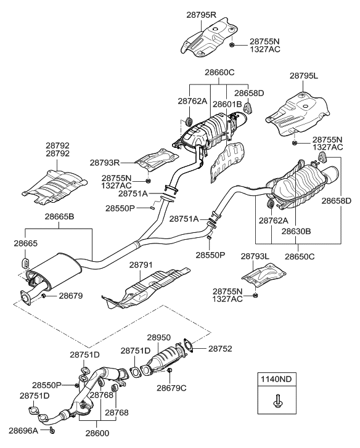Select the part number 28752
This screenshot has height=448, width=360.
(x=221, y=348)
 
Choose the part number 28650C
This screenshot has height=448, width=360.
(x=300, y=255)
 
